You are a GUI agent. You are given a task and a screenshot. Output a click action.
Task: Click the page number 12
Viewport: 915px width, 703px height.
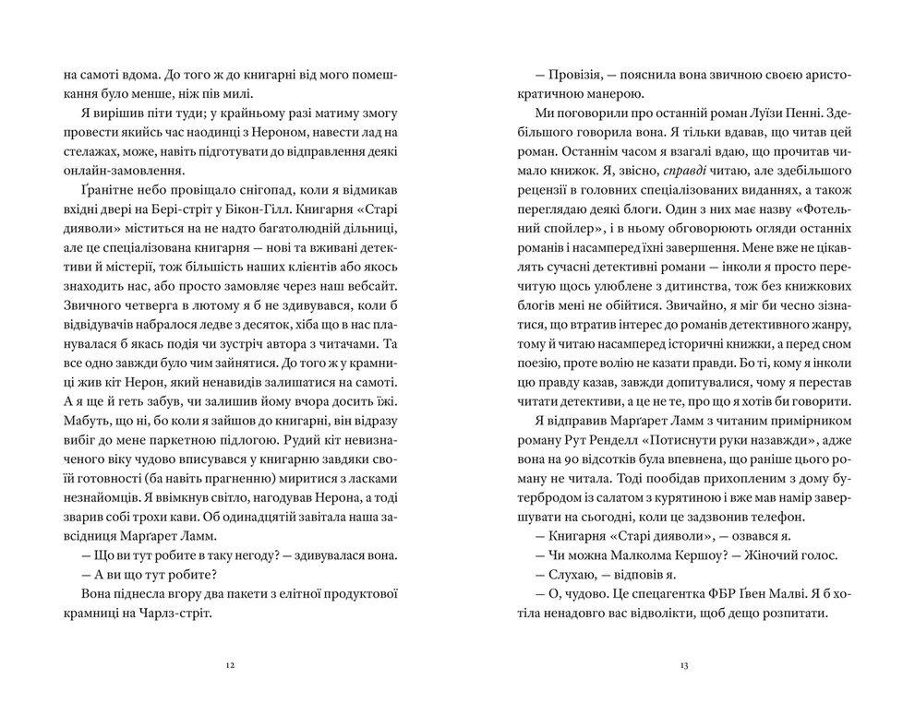pos(230,664)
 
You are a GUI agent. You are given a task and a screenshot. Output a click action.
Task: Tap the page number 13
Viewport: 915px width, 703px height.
pos(684,664)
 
